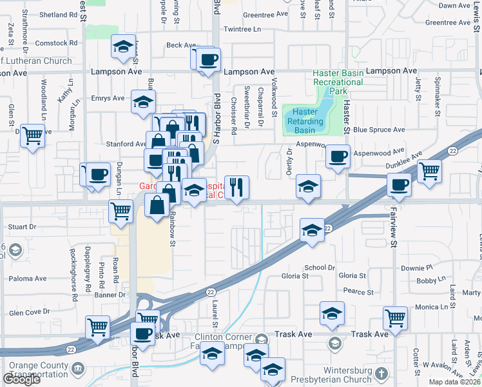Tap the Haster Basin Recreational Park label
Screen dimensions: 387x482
(338, 82)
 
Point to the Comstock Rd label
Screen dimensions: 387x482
(56, 43)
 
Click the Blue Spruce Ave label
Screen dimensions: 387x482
(379, 130)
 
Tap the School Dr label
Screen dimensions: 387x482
(320, 267)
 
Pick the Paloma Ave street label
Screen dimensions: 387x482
(28, 279)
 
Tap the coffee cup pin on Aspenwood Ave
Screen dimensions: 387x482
(338, 157)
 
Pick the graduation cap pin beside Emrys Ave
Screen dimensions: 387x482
(143, 101)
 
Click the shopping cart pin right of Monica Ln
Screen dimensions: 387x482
(395, 317)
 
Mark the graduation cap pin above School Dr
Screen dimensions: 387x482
(313, 231)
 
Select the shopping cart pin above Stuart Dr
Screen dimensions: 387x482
(120, 210)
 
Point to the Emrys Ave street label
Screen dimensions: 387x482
(108, 98)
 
